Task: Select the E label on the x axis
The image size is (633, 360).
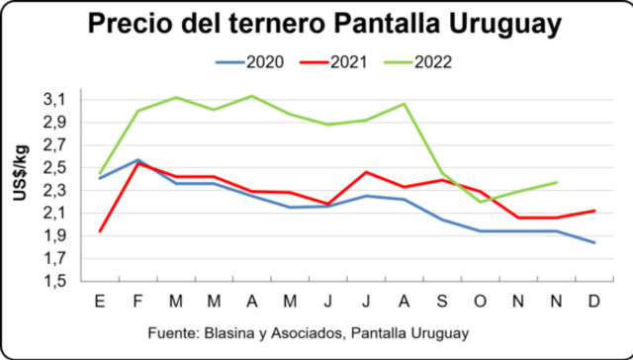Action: [100, 299]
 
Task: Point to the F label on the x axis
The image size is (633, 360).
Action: [137, 299]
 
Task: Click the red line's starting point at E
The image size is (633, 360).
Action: [100, 231]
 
